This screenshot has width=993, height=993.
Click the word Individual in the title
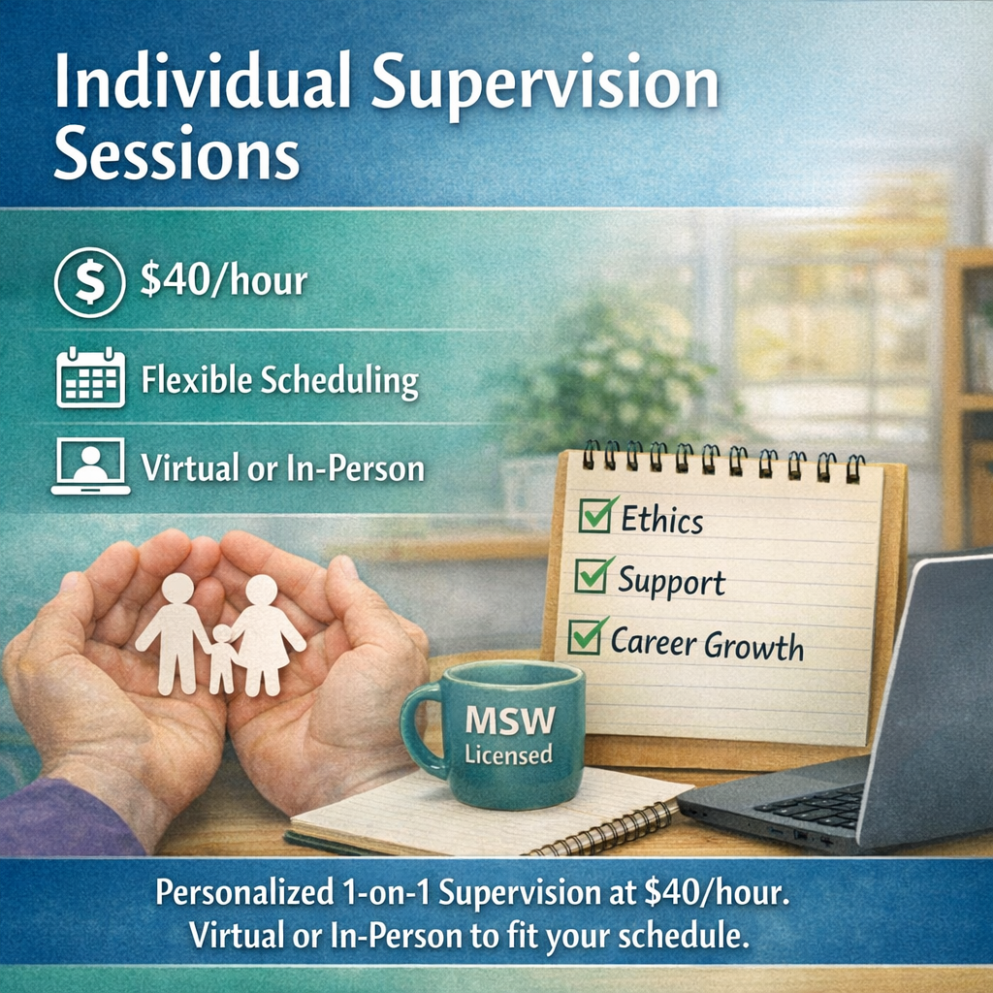(202, 82)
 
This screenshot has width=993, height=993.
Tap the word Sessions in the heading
(176, 153)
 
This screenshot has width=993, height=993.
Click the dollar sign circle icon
(89, 282)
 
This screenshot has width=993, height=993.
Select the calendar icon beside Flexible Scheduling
(90, 377)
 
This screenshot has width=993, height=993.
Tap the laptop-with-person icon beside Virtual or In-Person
(90, 465)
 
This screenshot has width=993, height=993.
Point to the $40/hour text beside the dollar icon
(224, 280)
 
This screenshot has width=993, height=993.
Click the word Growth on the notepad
(753, 647)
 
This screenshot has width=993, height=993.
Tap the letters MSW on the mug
(510, 721)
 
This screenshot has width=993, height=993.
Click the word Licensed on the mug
(508, 753)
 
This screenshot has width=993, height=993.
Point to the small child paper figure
(222, 658)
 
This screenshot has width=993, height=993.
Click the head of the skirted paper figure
(262, 590)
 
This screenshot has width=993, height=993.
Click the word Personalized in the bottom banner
(243, 892)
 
